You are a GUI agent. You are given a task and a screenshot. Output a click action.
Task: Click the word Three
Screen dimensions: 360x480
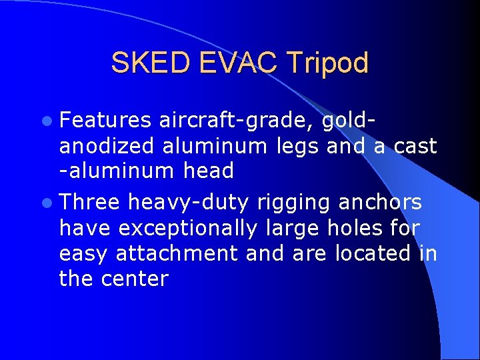point(89,202)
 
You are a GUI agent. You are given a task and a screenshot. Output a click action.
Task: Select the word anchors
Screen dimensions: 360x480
point(380,202)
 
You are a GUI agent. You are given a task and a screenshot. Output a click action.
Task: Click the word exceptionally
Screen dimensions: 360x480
point(187,228)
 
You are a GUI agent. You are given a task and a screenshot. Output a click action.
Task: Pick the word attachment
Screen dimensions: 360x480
point(177,253)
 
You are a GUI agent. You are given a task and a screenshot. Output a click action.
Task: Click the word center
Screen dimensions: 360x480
point(135,279)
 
